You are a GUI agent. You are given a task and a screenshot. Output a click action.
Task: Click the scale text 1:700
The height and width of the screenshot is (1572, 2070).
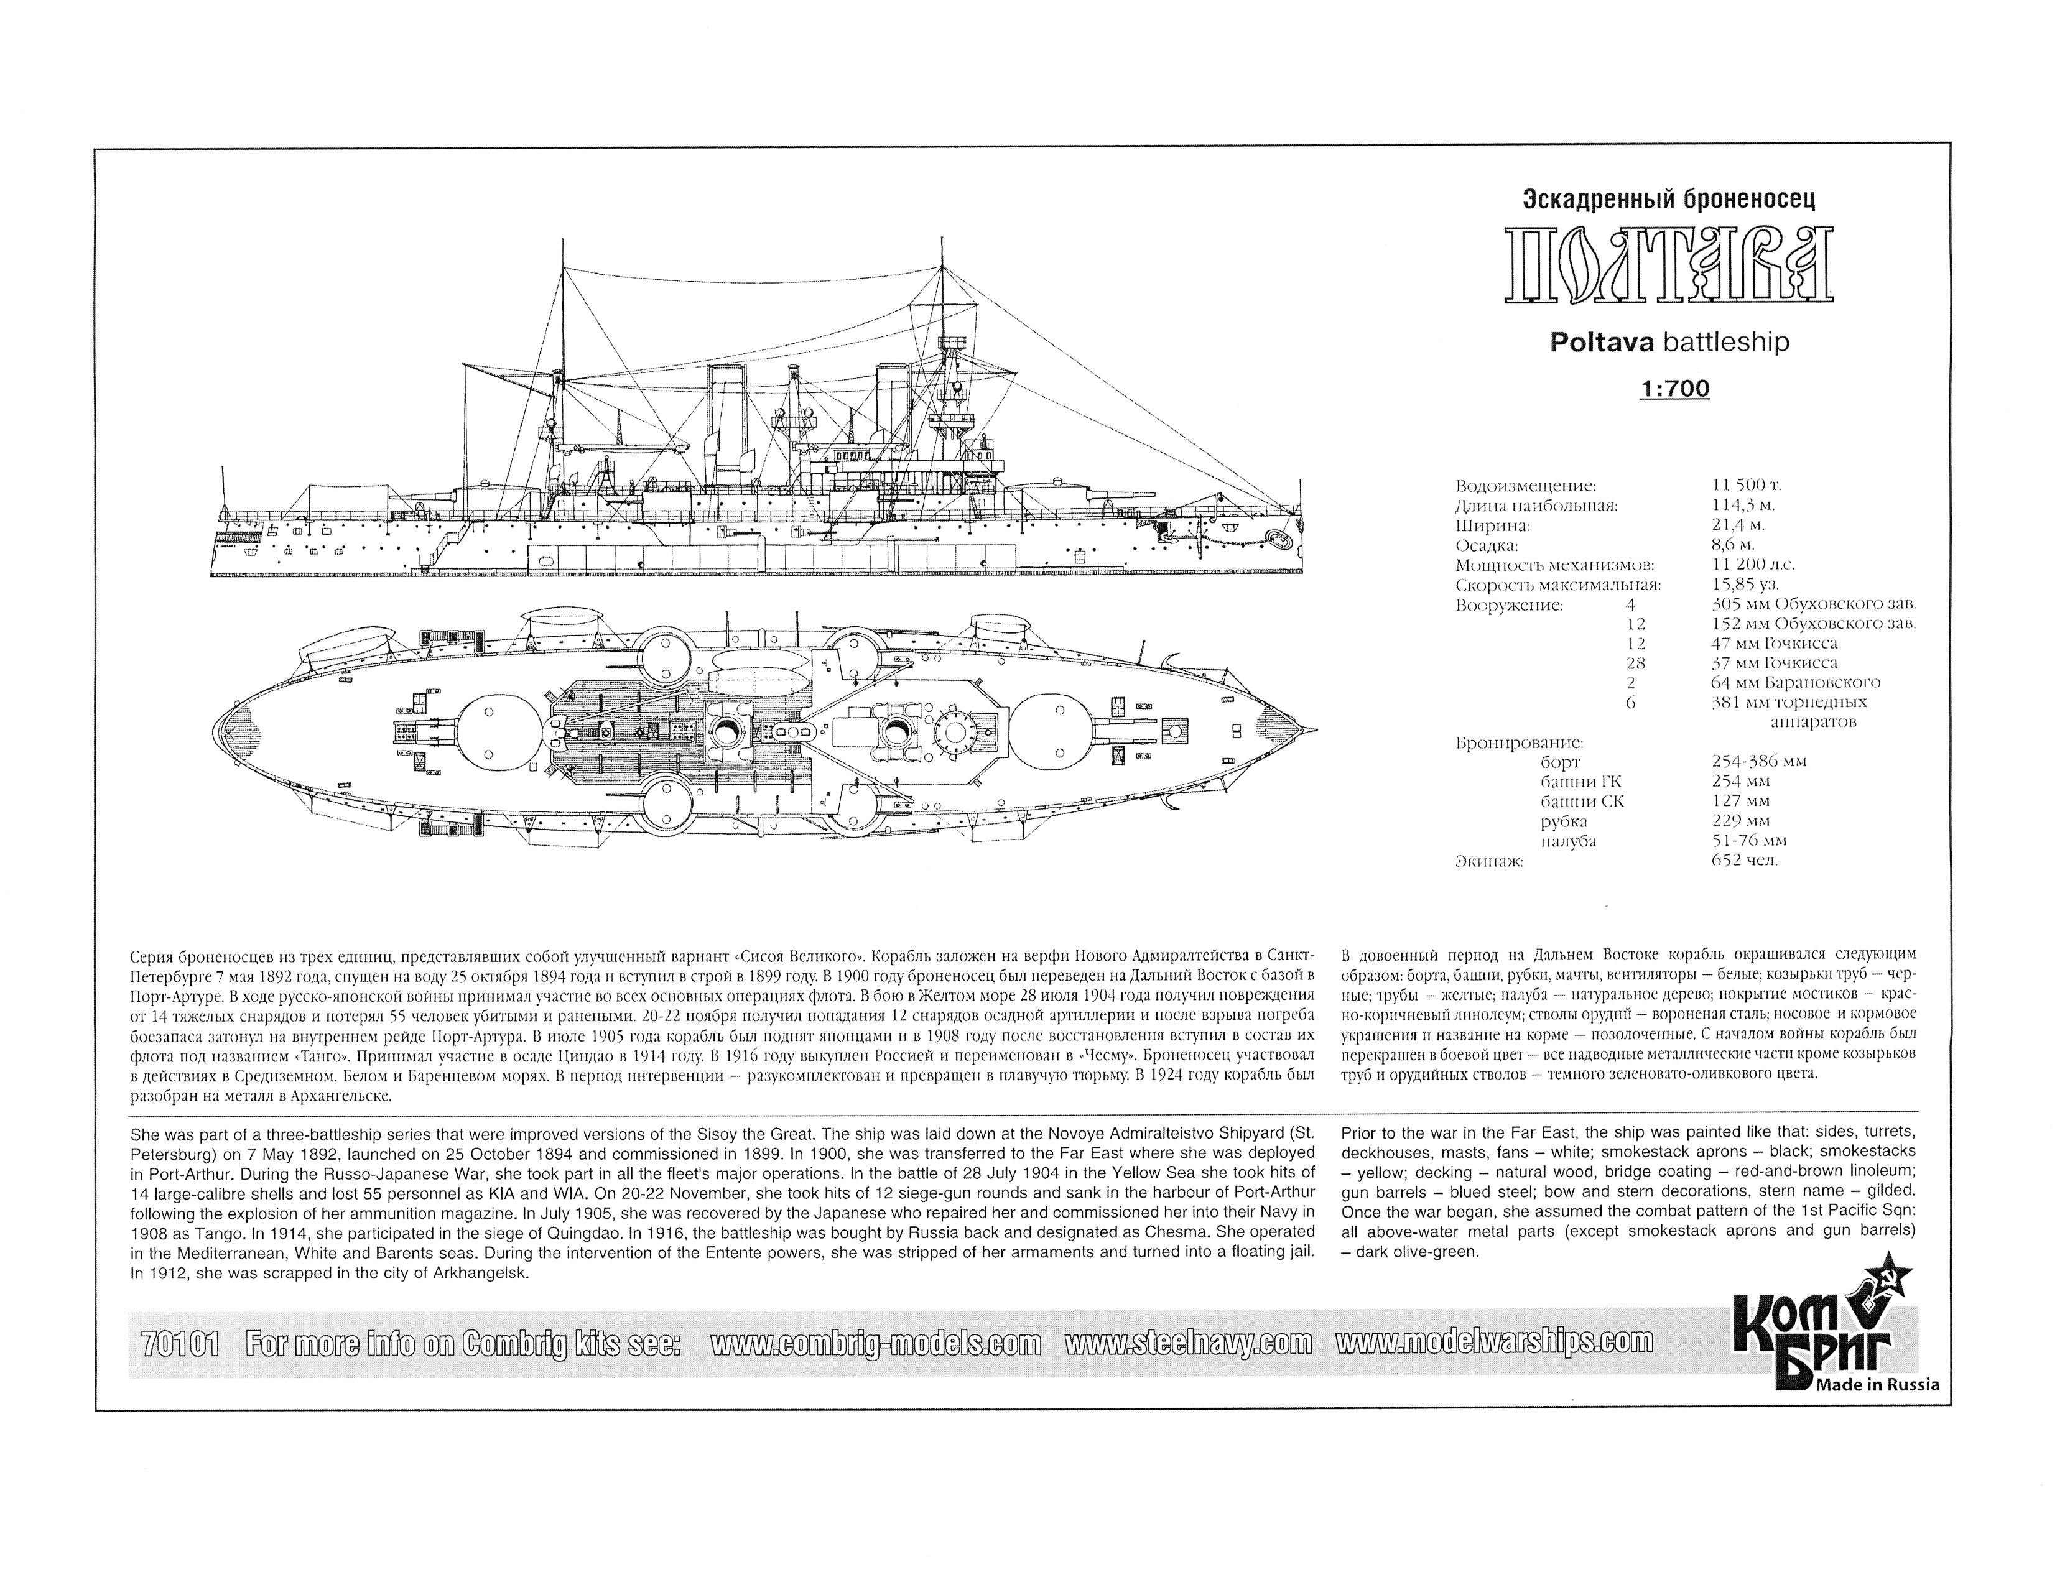(1674, 387)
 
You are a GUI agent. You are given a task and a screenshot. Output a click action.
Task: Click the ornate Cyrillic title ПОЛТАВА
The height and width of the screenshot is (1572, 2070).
(1669, 265)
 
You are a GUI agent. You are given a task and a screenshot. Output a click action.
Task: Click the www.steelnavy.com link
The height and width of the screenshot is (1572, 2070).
(1189, 1344)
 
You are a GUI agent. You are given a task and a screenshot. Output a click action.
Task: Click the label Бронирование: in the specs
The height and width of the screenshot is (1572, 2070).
(1519, 743)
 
